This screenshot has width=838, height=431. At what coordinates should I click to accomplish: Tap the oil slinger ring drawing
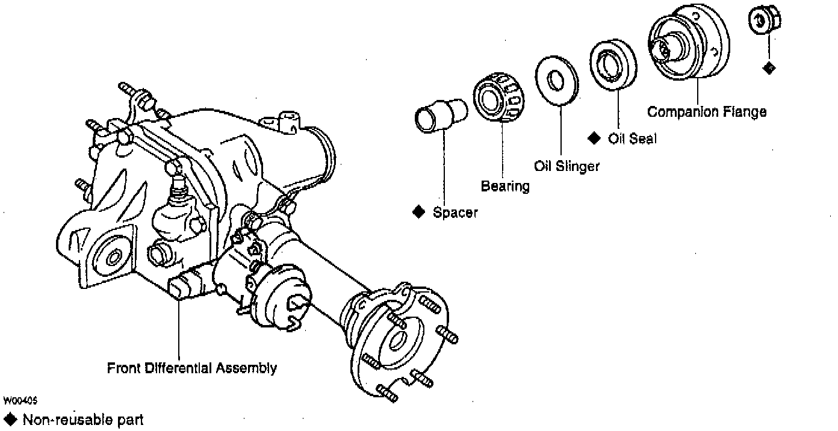[556, 80]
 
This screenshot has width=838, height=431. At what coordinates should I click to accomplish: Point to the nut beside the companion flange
[764, 21]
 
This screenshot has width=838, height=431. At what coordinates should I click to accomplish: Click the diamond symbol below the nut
[769, 68]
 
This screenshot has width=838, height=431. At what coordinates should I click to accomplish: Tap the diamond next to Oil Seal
[594, 138]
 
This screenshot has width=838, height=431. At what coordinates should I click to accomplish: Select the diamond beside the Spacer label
[419, 212]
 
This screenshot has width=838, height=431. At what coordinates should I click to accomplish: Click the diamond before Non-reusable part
[10, 419]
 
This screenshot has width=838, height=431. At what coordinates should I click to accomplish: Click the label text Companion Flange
[707, 112]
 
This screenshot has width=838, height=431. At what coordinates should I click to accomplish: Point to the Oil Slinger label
[566, 166]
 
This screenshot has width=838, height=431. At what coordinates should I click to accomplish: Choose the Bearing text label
[505, 187]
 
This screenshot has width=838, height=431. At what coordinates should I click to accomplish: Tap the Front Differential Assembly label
[191, 368]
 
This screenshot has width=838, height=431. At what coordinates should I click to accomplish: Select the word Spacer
[455, 212]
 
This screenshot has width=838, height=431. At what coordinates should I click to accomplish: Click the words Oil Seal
[632, 138]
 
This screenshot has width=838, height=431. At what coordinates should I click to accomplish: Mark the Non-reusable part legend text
[83, 420]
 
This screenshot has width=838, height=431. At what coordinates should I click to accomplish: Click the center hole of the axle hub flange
[397, 340]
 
